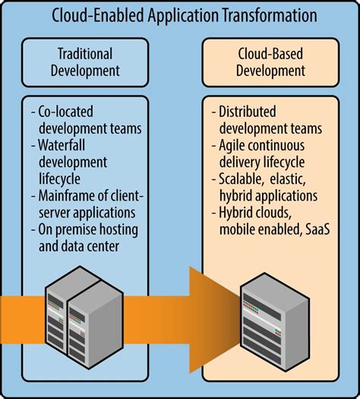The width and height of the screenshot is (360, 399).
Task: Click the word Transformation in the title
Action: [x=261, y=14]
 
